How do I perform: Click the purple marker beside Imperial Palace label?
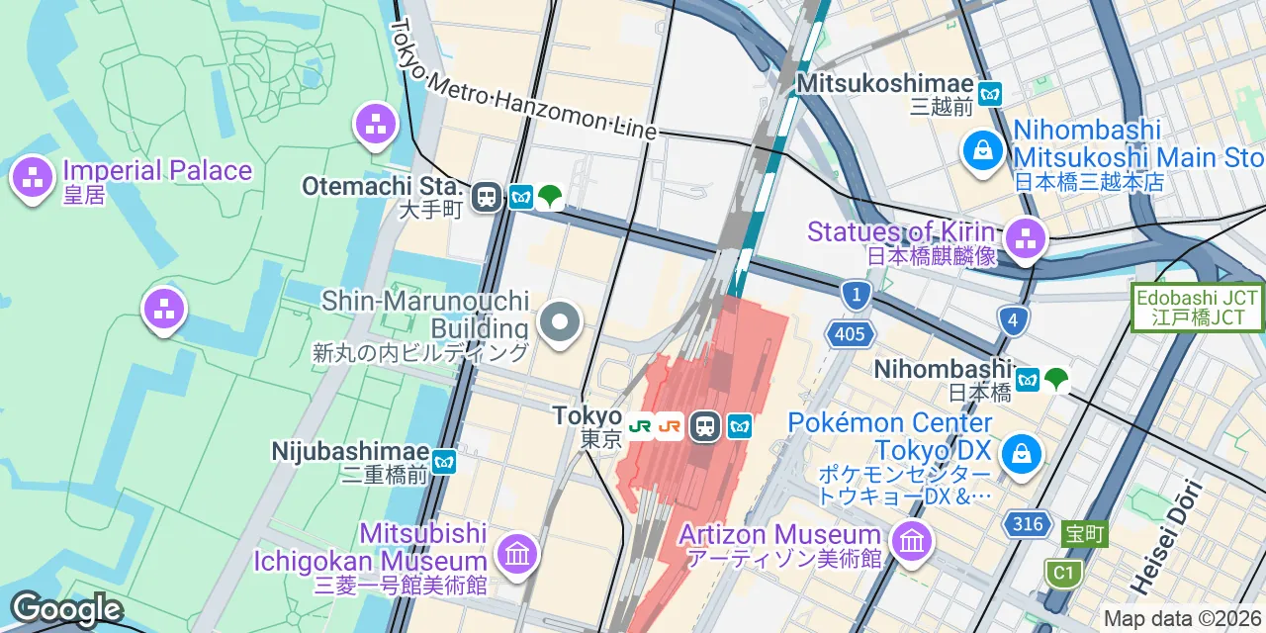tap(32, 178)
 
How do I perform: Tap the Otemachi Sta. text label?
tap(383, 187)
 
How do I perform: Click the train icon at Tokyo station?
tap(704, 426)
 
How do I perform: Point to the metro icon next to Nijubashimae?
tap(444, 461)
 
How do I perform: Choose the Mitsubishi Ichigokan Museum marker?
tap(517, 552)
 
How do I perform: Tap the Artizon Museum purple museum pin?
tap(910, 539)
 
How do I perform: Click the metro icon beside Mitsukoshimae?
tap(990, 95)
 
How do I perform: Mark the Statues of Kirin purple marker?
tap(1026, 237)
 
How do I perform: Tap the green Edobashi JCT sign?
tap(1198, 308)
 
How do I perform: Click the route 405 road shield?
tap(850, 334)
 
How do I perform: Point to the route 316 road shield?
tap(1028, 523)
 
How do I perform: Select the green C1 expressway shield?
tap(1062, 573)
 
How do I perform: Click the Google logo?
tap(65, 609)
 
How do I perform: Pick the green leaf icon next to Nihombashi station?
tap(1056, 378)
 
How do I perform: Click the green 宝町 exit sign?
tap(1084, 535)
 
